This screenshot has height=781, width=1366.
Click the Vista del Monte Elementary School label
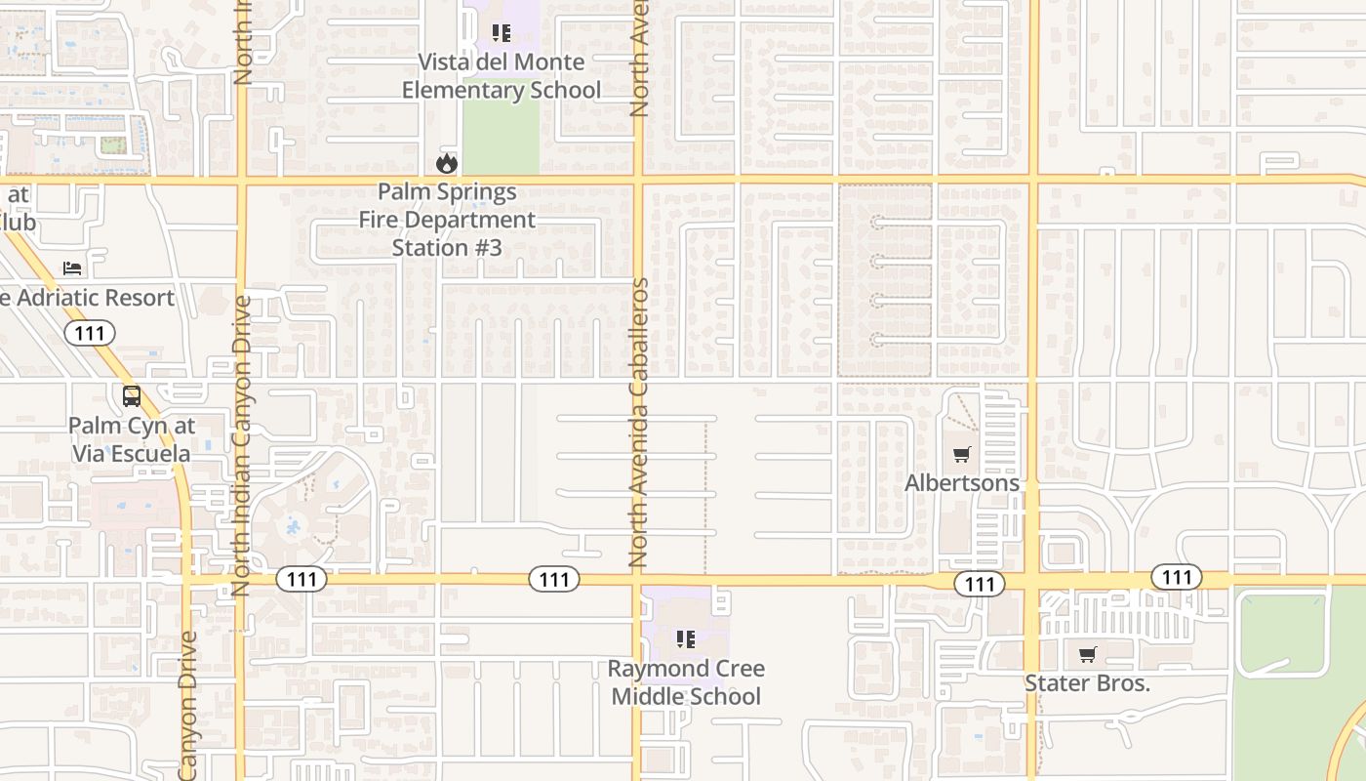pos(502,76)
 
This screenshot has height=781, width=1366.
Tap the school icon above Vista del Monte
pos(502,34)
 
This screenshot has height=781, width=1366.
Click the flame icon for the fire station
pos(447,163)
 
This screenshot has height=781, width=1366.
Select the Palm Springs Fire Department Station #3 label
pos(447,220)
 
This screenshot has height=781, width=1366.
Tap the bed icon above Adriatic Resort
pos(72,267)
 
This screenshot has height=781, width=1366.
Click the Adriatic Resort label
pos(88,298)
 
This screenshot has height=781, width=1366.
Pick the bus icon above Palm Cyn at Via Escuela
pos(132,396)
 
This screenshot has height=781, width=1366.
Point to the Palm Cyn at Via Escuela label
pos(132,440)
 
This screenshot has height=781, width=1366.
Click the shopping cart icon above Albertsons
pos(962,454)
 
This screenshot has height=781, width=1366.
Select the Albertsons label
pos(962,483)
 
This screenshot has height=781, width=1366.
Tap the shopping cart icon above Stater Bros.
pos(1087,654)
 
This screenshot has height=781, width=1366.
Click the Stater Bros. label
pos(1087,683)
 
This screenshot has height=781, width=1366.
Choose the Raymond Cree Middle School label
pos(686,682)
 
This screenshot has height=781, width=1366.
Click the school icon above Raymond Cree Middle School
pos(686,639)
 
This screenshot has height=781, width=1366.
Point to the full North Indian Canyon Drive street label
pos(241,445)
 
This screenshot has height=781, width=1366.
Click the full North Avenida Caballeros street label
pos(639,423)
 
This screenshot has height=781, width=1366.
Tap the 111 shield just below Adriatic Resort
pos(90,334)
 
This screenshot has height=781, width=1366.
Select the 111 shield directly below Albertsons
pos(980,584)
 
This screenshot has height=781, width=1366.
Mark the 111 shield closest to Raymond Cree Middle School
pos(554,580)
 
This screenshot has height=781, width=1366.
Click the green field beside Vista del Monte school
pos(501,137)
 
